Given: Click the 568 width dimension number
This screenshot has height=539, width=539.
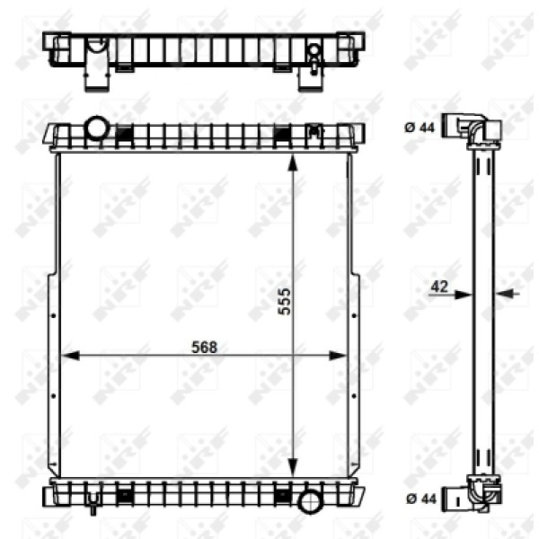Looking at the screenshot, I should [x=205, y=348].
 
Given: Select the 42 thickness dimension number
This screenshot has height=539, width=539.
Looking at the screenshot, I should [x=439, y=286].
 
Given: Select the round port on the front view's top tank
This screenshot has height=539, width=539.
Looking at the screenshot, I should [x=95, y=128].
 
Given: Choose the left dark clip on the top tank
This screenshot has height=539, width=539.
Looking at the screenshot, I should [x=126, y=135].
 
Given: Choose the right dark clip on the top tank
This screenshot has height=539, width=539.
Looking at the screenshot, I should [x=282, y=135].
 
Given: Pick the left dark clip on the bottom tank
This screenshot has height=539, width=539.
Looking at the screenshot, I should [x=126, y=493].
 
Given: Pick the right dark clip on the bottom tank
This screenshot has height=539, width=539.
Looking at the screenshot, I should [x=282, y=493].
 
